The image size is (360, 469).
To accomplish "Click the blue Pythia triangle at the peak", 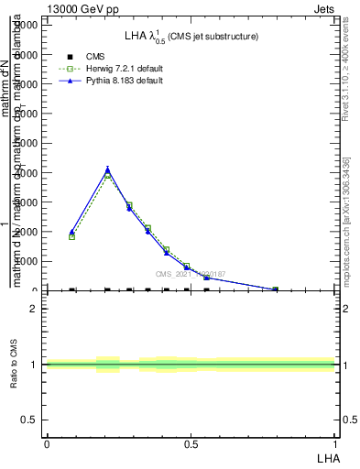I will (108, 169).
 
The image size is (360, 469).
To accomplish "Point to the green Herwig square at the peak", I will (108, 176).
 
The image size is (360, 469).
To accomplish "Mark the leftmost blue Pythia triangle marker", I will (71, 232).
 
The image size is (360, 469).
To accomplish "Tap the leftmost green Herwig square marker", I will (71, 236).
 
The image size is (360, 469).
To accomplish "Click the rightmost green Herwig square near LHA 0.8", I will (275, 289).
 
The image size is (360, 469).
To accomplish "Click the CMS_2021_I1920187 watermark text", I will (191, 274).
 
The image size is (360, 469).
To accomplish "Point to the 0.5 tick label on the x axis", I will (191, 443).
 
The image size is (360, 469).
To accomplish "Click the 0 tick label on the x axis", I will (47, 443).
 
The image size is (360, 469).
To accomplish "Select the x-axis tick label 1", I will (335, 443).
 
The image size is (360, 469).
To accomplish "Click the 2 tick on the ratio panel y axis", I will (34, 309).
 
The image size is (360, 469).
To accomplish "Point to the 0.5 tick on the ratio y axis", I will (29, 420).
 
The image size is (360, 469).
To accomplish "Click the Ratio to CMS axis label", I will (14, 365).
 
